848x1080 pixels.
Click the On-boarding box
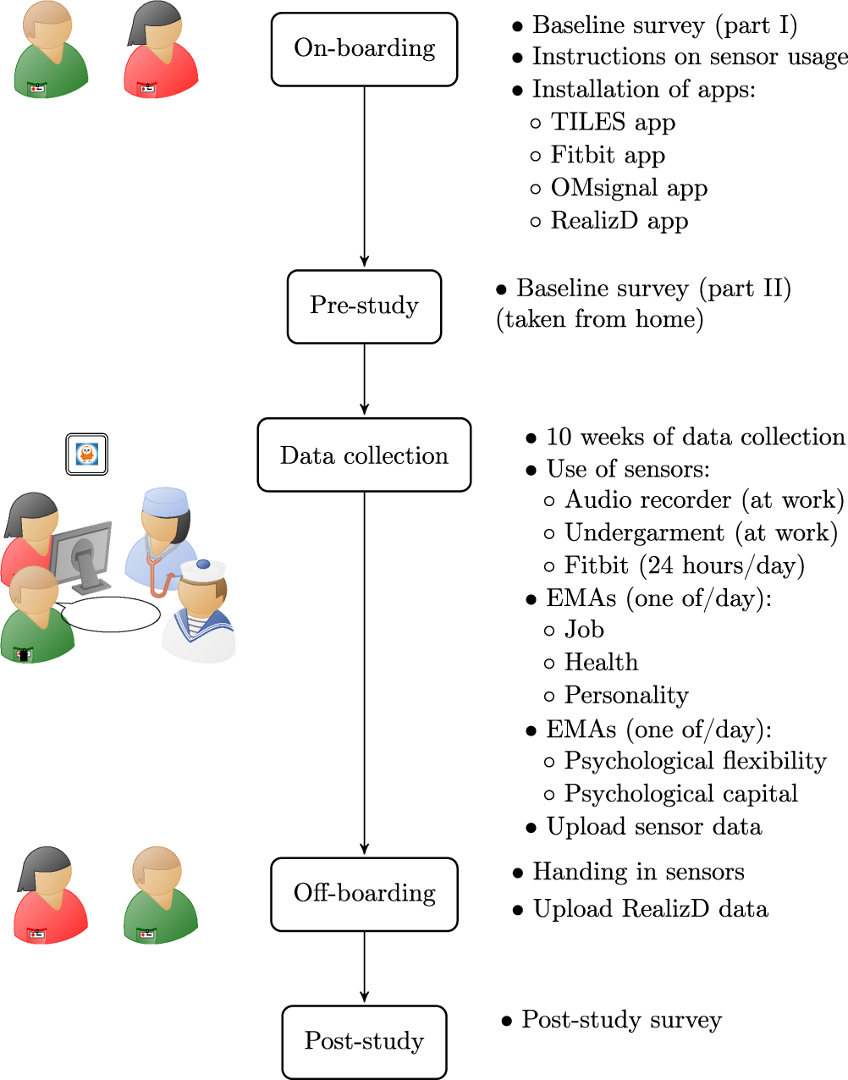364,49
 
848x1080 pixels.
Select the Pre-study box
364,306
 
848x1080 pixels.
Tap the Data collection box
364,455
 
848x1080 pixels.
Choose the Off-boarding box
364,894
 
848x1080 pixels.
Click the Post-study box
364,1041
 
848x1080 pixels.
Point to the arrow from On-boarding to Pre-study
364,178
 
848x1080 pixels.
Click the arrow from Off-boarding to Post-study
364,967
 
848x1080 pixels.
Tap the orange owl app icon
87,455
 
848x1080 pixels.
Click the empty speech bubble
111,614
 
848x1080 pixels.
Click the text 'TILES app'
613,123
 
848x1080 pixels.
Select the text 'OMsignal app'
629,188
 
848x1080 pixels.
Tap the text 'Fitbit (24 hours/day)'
684,565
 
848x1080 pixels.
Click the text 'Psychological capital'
680,794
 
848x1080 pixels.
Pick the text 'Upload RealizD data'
650,909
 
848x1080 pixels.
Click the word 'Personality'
626,696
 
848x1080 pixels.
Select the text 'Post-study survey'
621,1020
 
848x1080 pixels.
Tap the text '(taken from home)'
600,320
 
